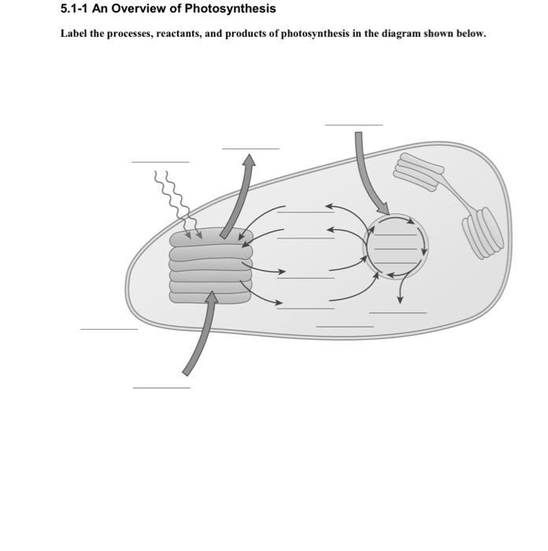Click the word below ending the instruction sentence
point(470,35)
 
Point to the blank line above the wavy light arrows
point(160,162)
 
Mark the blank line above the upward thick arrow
point(250,148)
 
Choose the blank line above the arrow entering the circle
point(354,124)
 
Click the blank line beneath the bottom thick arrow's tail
point(161,387)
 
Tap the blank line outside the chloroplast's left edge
point(109,329)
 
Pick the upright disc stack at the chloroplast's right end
point(482,233)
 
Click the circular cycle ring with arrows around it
point(397,246)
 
